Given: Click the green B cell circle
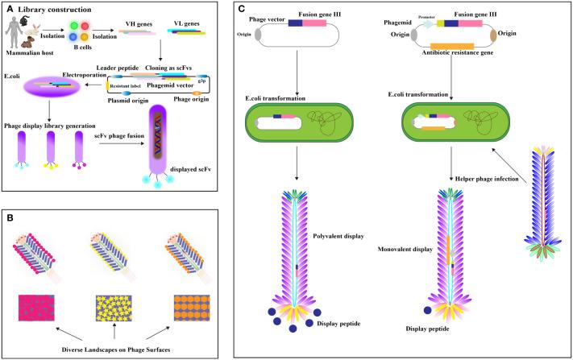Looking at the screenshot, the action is click(x=74, y=26).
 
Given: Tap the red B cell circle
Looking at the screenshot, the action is click(x=85, y=26).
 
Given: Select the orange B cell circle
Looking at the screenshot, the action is click(x=85, y=37).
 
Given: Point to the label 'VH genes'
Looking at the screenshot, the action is click(x=139, y=24).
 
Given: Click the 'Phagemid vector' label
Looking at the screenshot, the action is click(x=170, y=85).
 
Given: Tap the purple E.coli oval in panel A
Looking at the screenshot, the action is click(x=52, y=86).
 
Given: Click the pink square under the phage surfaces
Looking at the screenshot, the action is click(x=36, y=308).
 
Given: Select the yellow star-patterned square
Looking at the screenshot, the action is click(x=114, y=308).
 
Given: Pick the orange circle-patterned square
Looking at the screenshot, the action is click(x=192, y=308).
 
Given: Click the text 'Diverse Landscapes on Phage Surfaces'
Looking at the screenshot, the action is click(x=116, y=350).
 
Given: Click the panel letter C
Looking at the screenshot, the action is click(x=241, y=9).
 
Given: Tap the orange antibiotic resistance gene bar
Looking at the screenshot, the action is click(x=452, y=47).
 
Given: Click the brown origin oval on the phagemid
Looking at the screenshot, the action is click(x=493, y=35).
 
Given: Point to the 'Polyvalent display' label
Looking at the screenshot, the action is click(x=338, y=236).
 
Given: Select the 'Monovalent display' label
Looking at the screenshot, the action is click(x=405, y=250).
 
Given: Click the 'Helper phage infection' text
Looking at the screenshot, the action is click(x=487, y=179).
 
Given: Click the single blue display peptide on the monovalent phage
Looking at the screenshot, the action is click(x=427, y=310).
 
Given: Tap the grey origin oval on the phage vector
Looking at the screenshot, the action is click(x=258, y=35).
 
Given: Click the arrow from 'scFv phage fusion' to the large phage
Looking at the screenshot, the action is click(x=122, y=143).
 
